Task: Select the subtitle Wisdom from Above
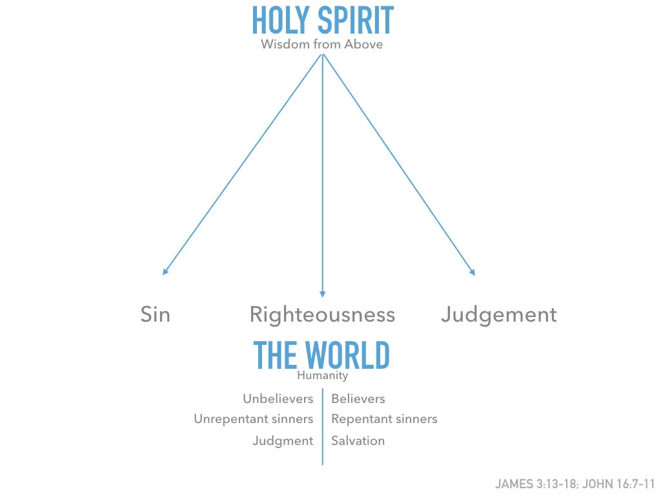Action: point(321,45)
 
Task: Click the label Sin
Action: point(156,315)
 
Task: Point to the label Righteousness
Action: point(322,315)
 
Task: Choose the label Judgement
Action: point(498,315)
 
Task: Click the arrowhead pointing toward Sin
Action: point(165,272)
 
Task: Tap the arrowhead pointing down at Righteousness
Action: point(322,293)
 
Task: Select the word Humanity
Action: point(322,375)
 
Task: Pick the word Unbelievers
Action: point(278,398)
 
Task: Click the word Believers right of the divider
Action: point(358,398)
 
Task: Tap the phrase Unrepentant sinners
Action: point(254,419)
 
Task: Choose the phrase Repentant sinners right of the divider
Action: point(384,419)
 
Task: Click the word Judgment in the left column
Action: point(283,440)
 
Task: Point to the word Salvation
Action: point(358,440)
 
